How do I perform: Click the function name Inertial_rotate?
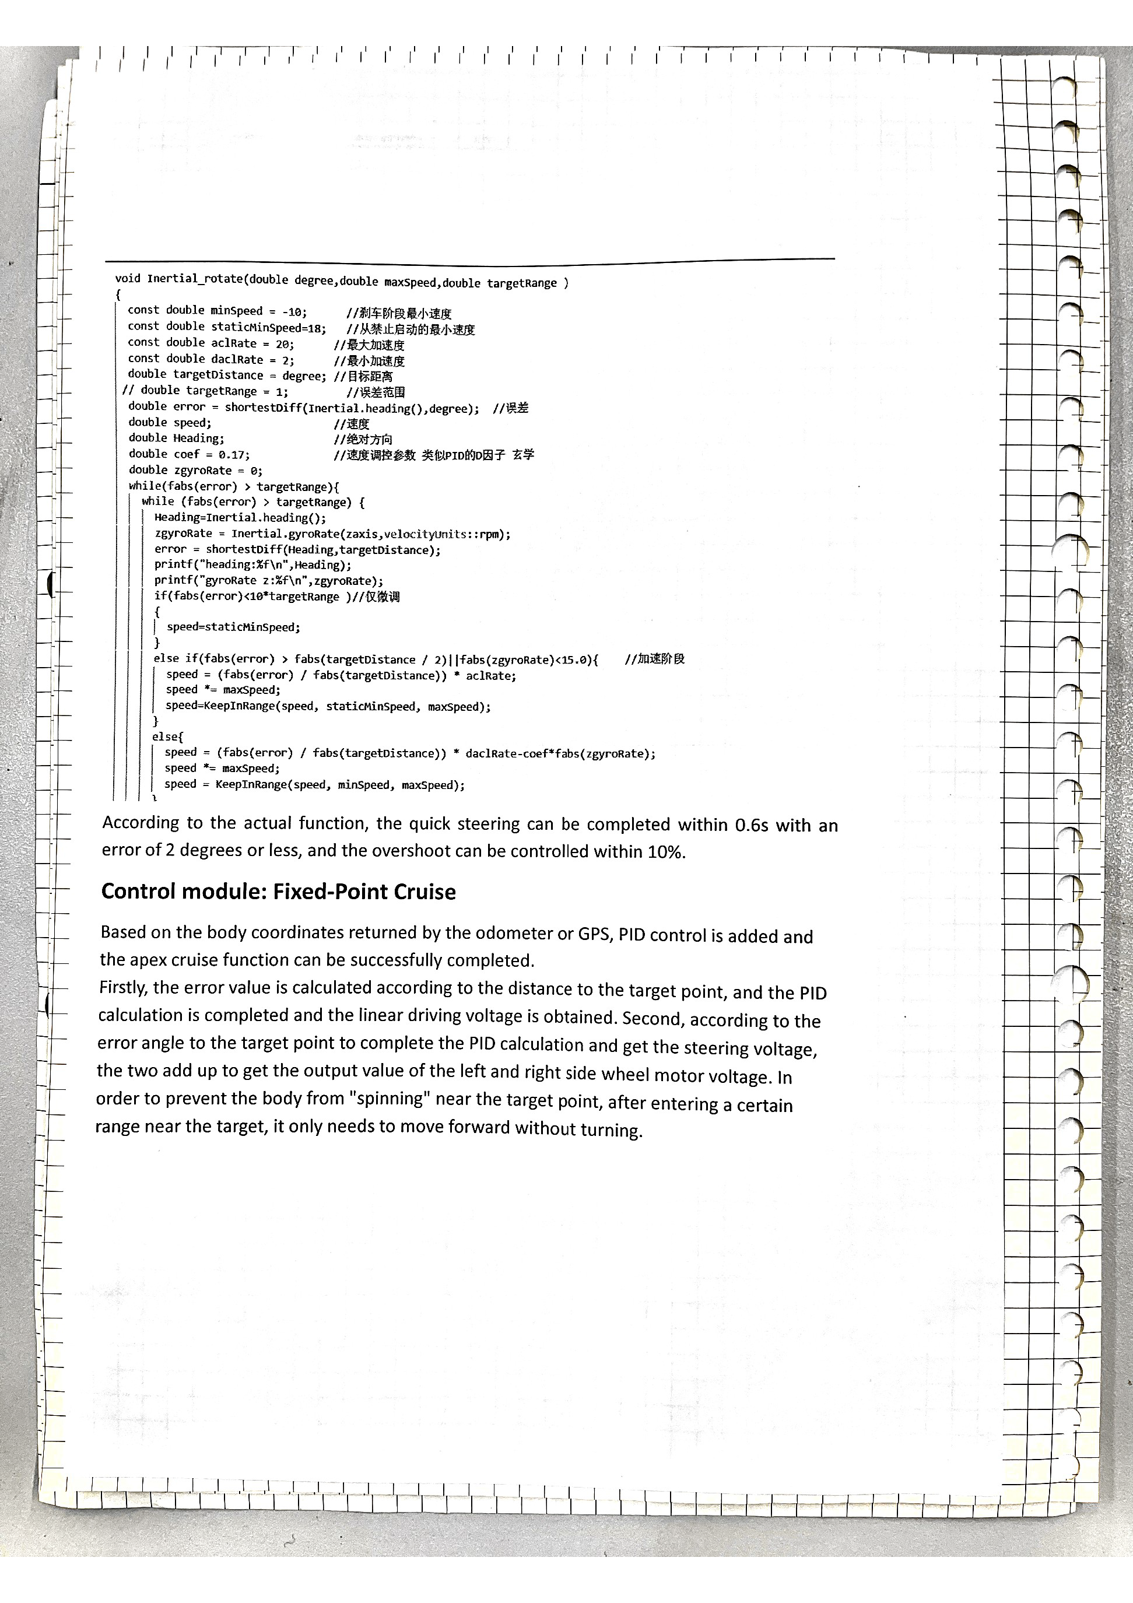click(x=195, y=279)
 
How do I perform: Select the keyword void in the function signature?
click(x=128, y=279)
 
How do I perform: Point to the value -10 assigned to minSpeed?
click(x=294, y=312)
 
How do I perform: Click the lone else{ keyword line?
click(x=167, y=736)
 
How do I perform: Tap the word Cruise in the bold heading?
click(x=425, y=892)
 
